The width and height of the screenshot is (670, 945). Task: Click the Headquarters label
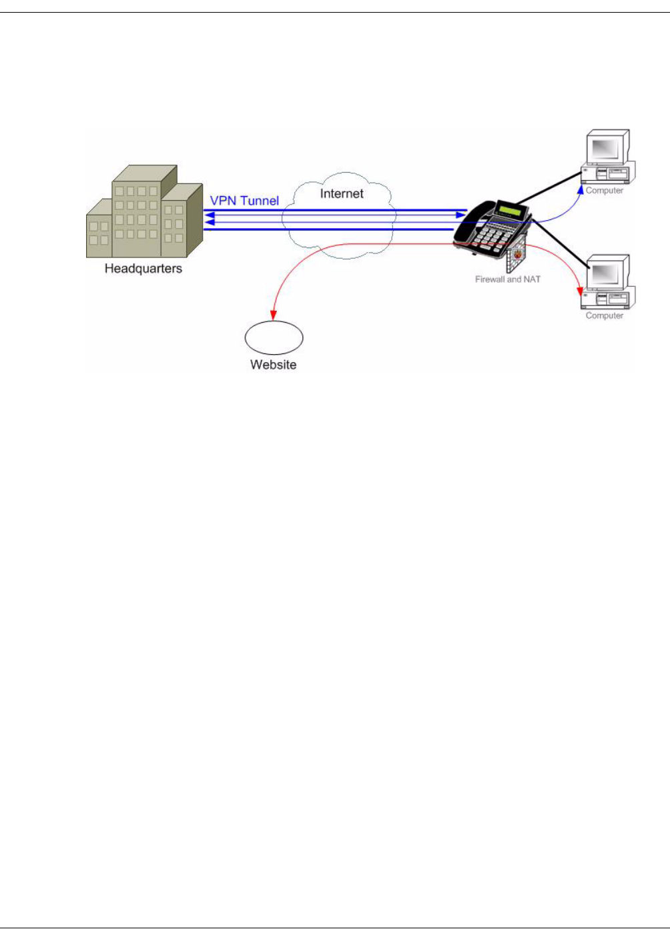pyautogui.click(x=143, y=269)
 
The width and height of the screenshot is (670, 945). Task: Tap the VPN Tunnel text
pyautogui.click(x=244, y=201)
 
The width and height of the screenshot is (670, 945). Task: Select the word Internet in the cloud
pyautogui.click(x=342, y=193)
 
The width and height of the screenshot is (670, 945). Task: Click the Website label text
pyautogui.click(x=273, y=365)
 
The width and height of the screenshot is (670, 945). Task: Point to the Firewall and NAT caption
pyautogui.click(x=507, y=279)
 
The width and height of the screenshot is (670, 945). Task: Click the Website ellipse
pyautogui.click(x=274, y=337)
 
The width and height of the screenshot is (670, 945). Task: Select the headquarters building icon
pyautogui.click(x=143, y=212)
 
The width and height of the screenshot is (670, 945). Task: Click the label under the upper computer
pyautogui.click(x=604, y=191)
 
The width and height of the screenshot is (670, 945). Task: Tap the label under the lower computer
pyautogui.click(x=604, y=316)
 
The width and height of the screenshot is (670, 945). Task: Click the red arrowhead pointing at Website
pyautogui.click(x=273, y=314)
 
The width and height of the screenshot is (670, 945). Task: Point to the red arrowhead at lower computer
pyautogui.click(x=580, y=291)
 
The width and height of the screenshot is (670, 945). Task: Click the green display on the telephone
pyautogui.click(x=511, y=211)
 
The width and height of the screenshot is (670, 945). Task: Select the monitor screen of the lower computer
pyautogui.click(x=605, y=273)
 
